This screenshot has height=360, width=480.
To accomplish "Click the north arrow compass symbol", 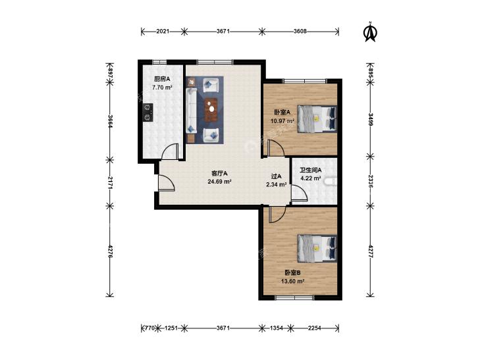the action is tap(371, 32).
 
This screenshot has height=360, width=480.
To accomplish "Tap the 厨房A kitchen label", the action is tap(162, 79).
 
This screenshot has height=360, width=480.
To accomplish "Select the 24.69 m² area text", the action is tap(219, 182).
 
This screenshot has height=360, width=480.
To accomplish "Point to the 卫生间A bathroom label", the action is tap(310, 170).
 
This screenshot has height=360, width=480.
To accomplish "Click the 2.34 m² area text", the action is tap(277, 184).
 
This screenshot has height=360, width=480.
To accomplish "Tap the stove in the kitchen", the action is tap(148, 113).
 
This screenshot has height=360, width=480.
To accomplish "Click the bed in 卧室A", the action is tap(317, 119).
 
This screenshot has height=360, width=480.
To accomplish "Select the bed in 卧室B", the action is tap(317, 249).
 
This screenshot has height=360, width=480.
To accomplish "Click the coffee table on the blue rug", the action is tap(211, 109).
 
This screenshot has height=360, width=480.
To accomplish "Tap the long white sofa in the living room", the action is tap(192, 110).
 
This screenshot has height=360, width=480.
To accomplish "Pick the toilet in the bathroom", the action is tap(331, 182).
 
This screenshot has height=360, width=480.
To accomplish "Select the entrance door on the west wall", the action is tap(166, 182).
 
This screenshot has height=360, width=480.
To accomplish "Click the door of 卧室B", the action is tap(277, 215).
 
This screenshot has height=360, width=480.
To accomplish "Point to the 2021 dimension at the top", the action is tap(163, 31).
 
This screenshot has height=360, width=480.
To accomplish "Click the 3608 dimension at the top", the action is tap(300, 31).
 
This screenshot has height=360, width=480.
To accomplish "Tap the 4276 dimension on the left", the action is tap(110, 251).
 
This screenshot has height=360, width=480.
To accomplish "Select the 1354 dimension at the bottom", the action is tap(277, 328).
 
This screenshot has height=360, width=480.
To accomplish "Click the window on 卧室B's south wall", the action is tap(294, 297).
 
